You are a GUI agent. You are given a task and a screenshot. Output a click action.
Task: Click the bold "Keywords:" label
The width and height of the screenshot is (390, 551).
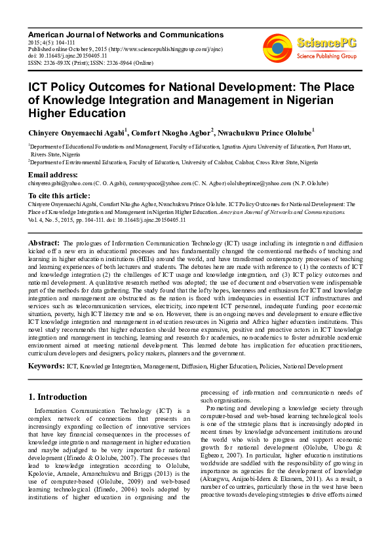pos(47,366)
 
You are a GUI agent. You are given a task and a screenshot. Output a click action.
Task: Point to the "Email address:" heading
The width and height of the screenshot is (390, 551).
pos(53,175)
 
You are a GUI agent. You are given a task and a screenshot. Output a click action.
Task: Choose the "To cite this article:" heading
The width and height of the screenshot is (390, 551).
pos(59,196)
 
